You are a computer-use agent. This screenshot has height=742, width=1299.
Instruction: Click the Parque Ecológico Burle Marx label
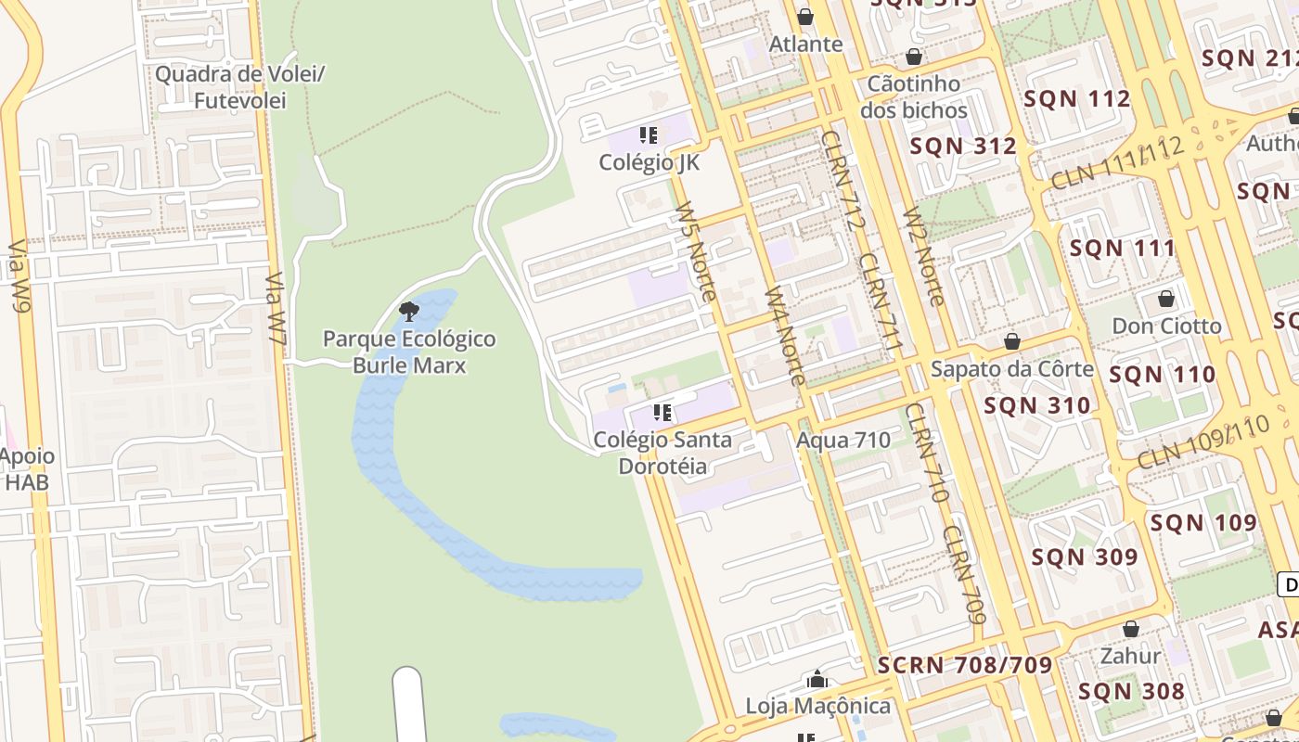point(409,352)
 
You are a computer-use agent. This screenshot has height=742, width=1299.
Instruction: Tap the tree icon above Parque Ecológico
point(408,312)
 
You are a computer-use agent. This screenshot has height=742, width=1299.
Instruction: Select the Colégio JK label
point(649,162)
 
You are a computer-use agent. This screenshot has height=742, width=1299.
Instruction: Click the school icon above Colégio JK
point(649,135)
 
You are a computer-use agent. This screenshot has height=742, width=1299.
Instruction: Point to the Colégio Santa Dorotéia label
point(662,453)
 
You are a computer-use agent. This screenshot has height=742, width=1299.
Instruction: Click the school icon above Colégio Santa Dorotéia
point(662,412)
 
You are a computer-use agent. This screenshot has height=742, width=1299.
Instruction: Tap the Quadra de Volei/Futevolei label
point(240,86)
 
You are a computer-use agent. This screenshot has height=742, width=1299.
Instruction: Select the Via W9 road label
point(19,275)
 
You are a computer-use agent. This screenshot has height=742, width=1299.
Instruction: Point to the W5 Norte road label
point(696,251)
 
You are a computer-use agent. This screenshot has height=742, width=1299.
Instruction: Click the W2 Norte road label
point(923,256)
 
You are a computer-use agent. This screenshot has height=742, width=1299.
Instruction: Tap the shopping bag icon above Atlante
point(805,17)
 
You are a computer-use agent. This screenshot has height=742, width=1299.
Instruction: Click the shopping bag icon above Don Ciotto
point(1166,299)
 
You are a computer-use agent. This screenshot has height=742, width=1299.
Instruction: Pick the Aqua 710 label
point(843,440)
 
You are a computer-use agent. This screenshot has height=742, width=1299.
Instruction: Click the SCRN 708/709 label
point(965,664)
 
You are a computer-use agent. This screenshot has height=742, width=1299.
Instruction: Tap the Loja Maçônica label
point(817,706)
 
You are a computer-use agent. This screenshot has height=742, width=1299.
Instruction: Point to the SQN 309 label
point(1084,556)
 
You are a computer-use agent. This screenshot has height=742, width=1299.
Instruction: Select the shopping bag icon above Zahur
point(1130,630)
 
